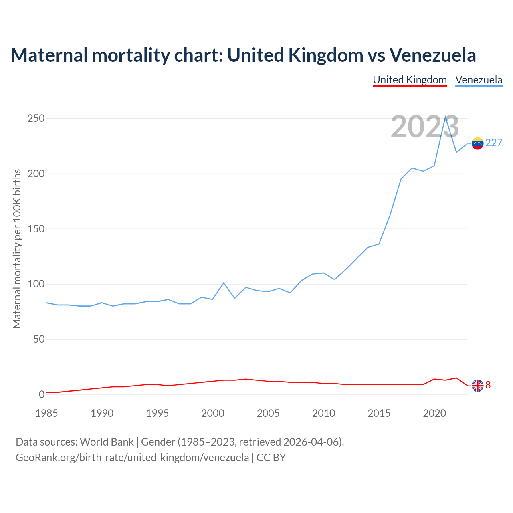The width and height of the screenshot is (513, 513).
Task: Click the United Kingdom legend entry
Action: click(410, 80)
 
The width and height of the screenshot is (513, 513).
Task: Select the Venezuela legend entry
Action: click(479, 80)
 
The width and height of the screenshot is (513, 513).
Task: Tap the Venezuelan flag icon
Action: click(477, 143)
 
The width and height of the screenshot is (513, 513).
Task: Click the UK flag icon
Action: click(477, 385)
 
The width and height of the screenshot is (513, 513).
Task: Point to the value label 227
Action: click(494, 143)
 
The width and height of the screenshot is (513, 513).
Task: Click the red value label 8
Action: click(488, 385)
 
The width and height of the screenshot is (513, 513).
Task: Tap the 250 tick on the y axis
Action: click(36, 119)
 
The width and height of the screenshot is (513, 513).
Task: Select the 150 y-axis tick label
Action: click(36, 229)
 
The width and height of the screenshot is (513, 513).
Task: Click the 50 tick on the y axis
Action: click(39, 339)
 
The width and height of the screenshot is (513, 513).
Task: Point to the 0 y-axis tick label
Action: click(42, 395)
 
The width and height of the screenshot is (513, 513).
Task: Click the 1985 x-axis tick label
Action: click(46, 413)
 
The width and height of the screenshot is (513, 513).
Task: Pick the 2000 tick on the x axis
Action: click(213, 413)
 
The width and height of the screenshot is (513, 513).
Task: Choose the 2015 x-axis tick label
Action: click(379, 413)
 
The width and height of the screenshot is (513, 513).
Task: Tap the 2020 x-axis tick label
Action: click(434, 413)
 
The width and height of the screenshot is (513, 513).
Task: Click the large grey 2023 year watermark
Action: click(425, 127)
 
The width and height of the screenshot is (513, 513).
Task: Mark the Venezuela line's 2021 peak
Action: click(445, 117)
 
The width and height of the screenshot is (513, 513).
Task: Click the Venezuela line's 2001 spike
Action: click(224, 283)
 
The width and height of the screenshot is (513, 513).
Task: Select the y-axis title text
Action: click(17, 248)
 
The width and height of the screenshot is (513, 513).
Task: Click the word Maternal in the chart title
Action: click(49, 55)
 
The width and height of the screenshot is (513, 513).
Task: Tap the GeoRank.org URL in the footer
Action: click(132, 457)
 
